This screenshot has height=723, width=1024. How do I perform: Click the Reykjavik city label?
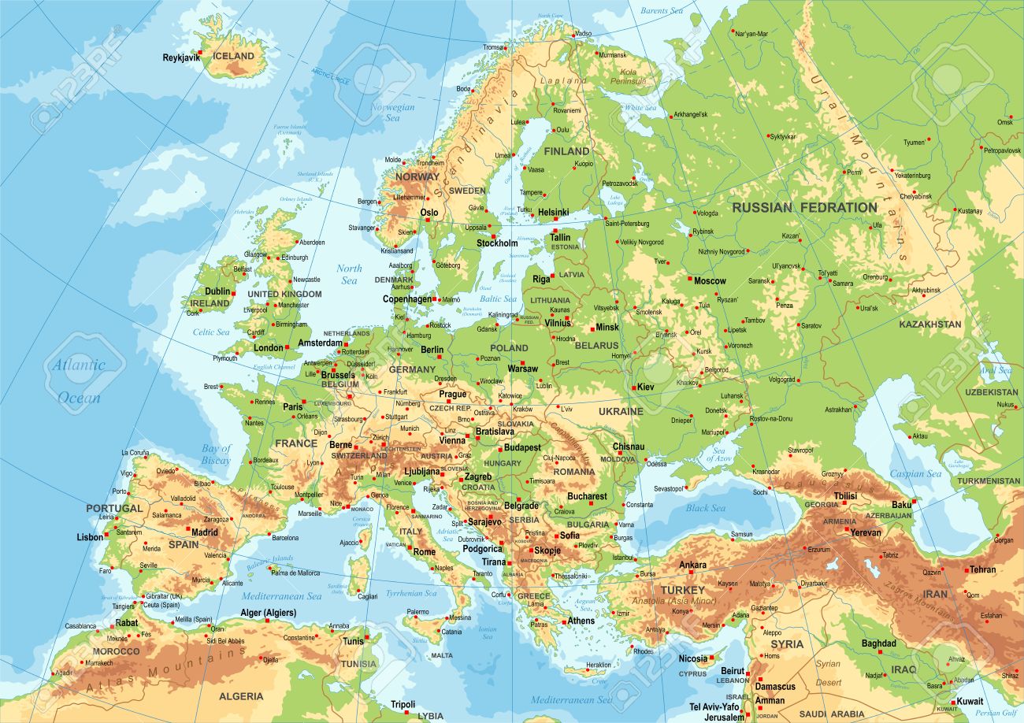click(x=180, y=57)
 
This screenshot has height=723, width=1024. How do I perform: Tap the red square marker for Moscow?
click(x=690, y=280)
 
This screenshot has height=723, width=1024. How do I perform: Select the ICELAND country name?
click(x=234, y=56)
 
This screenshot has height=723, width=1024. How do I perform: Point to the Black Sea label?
click(x=705, y=508)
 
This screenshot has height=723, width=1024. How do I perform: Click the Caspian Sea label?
click(x=915, y=474)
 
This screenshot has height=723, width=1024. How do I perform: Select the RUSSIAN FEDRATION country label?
click(x=803, y=208)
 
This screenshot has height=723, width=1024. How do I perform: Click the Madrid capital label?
click(x=205, y=532)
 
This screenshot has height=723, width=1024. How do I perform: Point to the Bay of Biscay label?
click(x=215, y=454)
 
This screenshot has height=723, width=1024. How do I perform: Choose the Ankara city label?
click(x=692, y=565)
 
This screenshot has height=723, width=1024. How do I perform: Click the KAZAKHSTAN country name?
click(x=930, y=324)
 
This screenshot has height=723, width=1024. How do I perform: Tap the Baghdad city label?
click(x=878, y=643)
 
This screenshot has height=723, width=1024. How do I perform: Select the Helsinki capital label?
click(x=553, y=213)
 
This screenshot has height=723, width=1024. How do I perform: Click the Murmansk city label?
click(x=613, y=56)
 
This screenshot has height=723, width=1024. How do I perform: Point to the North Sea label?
click(x=349, y=274)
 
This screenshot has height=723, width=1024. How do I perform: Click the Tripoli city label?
click(x=403, y=704)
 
